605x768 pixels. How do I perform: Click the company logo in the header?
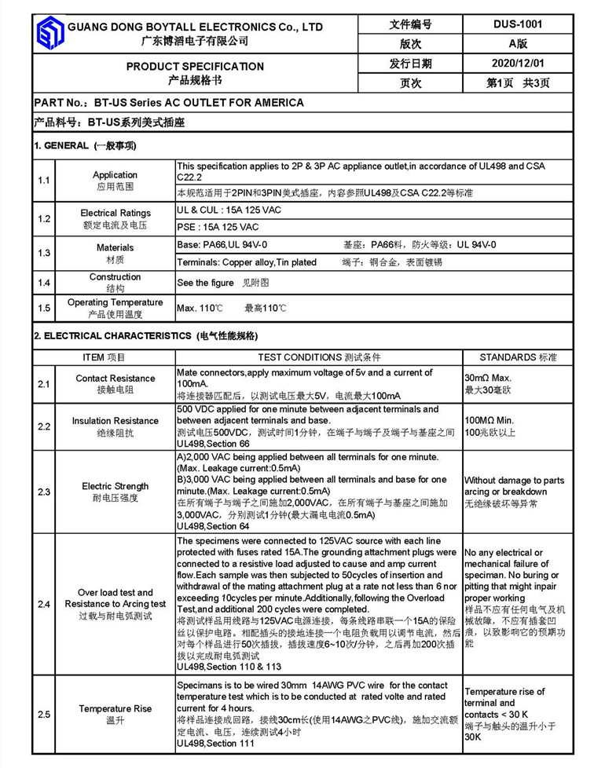click(49, 34)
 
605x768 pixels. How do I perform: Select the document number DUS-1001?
click(518, 24)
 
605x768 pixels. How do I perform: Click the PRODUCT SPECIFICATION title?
click(195, 66)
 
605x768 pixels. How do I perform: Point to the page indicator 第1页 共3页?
click(518, 82)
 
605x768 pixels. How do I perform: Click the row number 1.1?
click(44, 181)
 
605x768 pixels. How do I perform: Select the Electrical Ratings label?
click(115, 213)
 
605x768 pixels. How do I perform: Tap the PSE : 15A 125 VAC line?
click(218, 227)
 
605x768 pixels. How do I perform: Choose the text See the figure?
click(205, 283)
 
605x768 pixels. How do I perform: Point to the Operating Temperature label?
click(115, 302)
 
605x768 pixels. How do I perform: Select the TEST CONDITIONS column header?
click(318, 357)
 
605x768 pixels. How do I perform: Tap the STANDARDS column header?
click(518, 357)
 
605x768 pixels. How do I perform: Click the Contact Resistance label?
click(115, 379)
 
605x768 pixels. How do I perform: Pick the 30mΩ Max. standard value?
click(487, 378)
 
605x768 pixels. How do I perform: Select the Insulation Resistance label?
click(115, 421)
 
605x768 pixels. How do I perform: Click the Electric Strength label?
click(115, 486)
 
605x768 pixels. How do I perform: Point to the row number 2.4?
click(44, 604)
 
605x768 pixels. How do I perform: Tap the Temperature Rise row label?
click(115, 708)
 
